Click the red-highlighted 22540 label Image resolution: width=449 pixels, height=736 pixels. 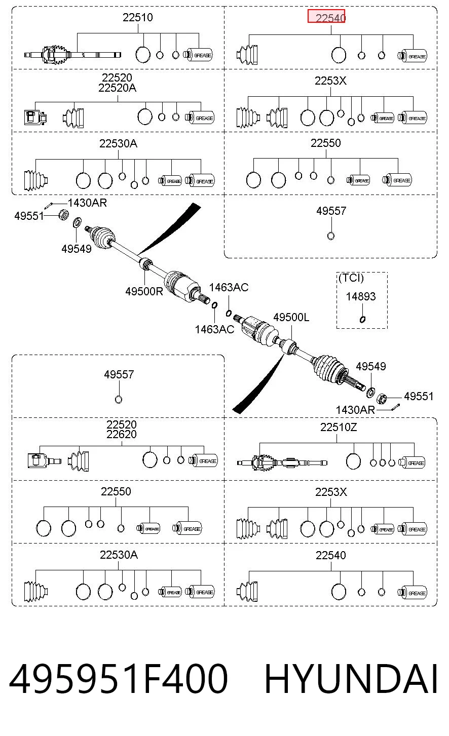[330, 18]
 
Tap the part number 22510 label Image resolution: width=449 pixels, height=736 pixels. [138, 17]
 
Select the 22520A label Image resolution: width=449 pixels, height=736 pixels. [118, 88]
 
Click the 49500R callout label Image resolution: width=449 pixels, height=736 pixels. [144, 291]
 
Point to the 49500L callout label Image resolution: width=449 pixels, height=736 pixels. [291, 317]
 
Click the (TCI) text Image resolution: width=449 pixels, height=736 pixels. [351, 278]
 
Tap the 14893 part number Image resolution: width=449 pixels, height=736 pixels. [361, 297]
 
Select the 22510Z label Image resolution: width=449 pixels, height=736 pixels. [339, 427]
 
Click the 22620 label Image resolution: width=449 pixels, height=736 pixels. [121, 435]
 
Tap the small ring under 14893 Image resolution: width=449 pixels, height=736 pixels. [362, 319]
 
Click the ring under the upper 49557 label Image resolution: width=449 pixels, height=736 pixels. [331, 236]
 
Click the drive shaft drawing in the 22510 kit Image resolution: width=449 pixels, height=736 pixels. [72, 55]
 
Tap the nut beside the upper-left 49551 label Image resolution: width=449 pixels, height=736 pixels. [63, 215]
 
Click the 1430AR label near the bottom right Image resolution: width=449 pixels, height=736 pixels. [355, 410]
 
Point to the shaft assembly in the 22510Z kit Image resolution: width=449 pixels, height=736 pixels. [282, 462]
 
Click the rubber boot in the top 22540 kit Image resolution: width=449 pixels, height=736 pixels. [247, 55]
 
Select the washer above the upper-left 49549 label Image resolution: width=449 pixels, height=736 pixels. [77, 222]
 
